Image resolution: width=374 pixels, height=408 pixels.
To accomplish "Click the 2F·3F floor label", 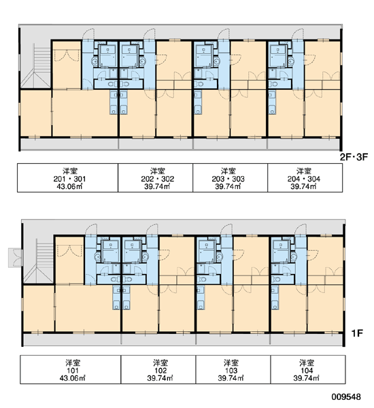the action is pyautogui.click(x=354, y=157).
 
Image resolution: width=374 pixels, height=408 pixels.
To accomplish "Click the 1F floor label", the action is pyautogui.click(x=357, y=333).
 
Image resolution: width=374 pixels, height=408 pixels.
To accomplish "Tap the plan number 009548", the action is pyautogui.click(x=346, y=397).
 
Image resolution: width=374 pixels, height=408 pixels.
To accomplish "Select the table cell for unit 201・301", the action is pyautogui.click(x=68, y=178).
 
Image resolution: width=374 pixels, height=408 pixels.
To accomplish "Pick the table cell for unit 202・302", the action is pyautogui.click(x=155, y=178).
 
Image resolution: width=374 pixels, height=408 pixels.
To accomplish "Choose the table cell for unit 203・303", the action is pyautogui.click(x=231, y=178).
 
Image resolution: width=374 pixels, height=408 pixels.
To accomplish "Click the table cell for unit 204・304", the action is pyautogui.click(x=305, y=178).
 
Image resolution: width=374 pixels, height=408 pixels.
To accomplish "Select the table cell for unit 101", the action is pyautogui.click(x=71, y=369).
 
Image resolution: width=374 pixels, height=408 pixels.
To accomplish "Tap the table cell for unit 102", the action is pyautogui.click(x=158, y=369).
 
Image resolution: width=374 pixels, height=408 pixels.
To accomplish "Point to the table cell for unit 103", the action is pyautogui.click(x=233, y=369).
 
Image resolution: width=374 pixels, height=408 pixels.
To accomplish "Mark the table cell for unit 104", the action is pyautogui.click(x=308, y=369).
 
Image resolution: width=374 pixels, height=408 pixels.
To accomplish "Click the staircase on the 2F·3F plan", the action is pyautogui.click(x=36, y=65).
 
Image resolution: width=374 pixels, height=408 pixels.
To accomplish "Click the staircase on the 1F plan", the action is pyautogui.click(x=39, y=261).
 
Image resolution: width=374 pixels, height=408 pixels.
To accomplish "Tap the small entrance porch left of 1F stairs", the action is pyautogui.click(x=16, y=258).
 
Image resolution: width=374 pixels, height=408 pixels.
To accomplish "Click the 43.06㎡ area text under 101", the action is pyautogui.click(x=73, y=378).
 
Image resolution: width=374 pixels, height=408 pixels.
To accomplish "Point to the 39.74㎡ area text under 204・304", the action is pyautogui.click(x=303, y=186).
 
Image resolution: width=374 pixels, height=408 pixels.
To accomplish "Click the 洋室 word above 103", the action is pyautogui.click(x=231, y=362).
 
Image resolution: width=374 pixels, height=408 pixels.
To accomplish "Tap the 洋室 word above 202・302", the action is pyautogui.click(x=158, y=171).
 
